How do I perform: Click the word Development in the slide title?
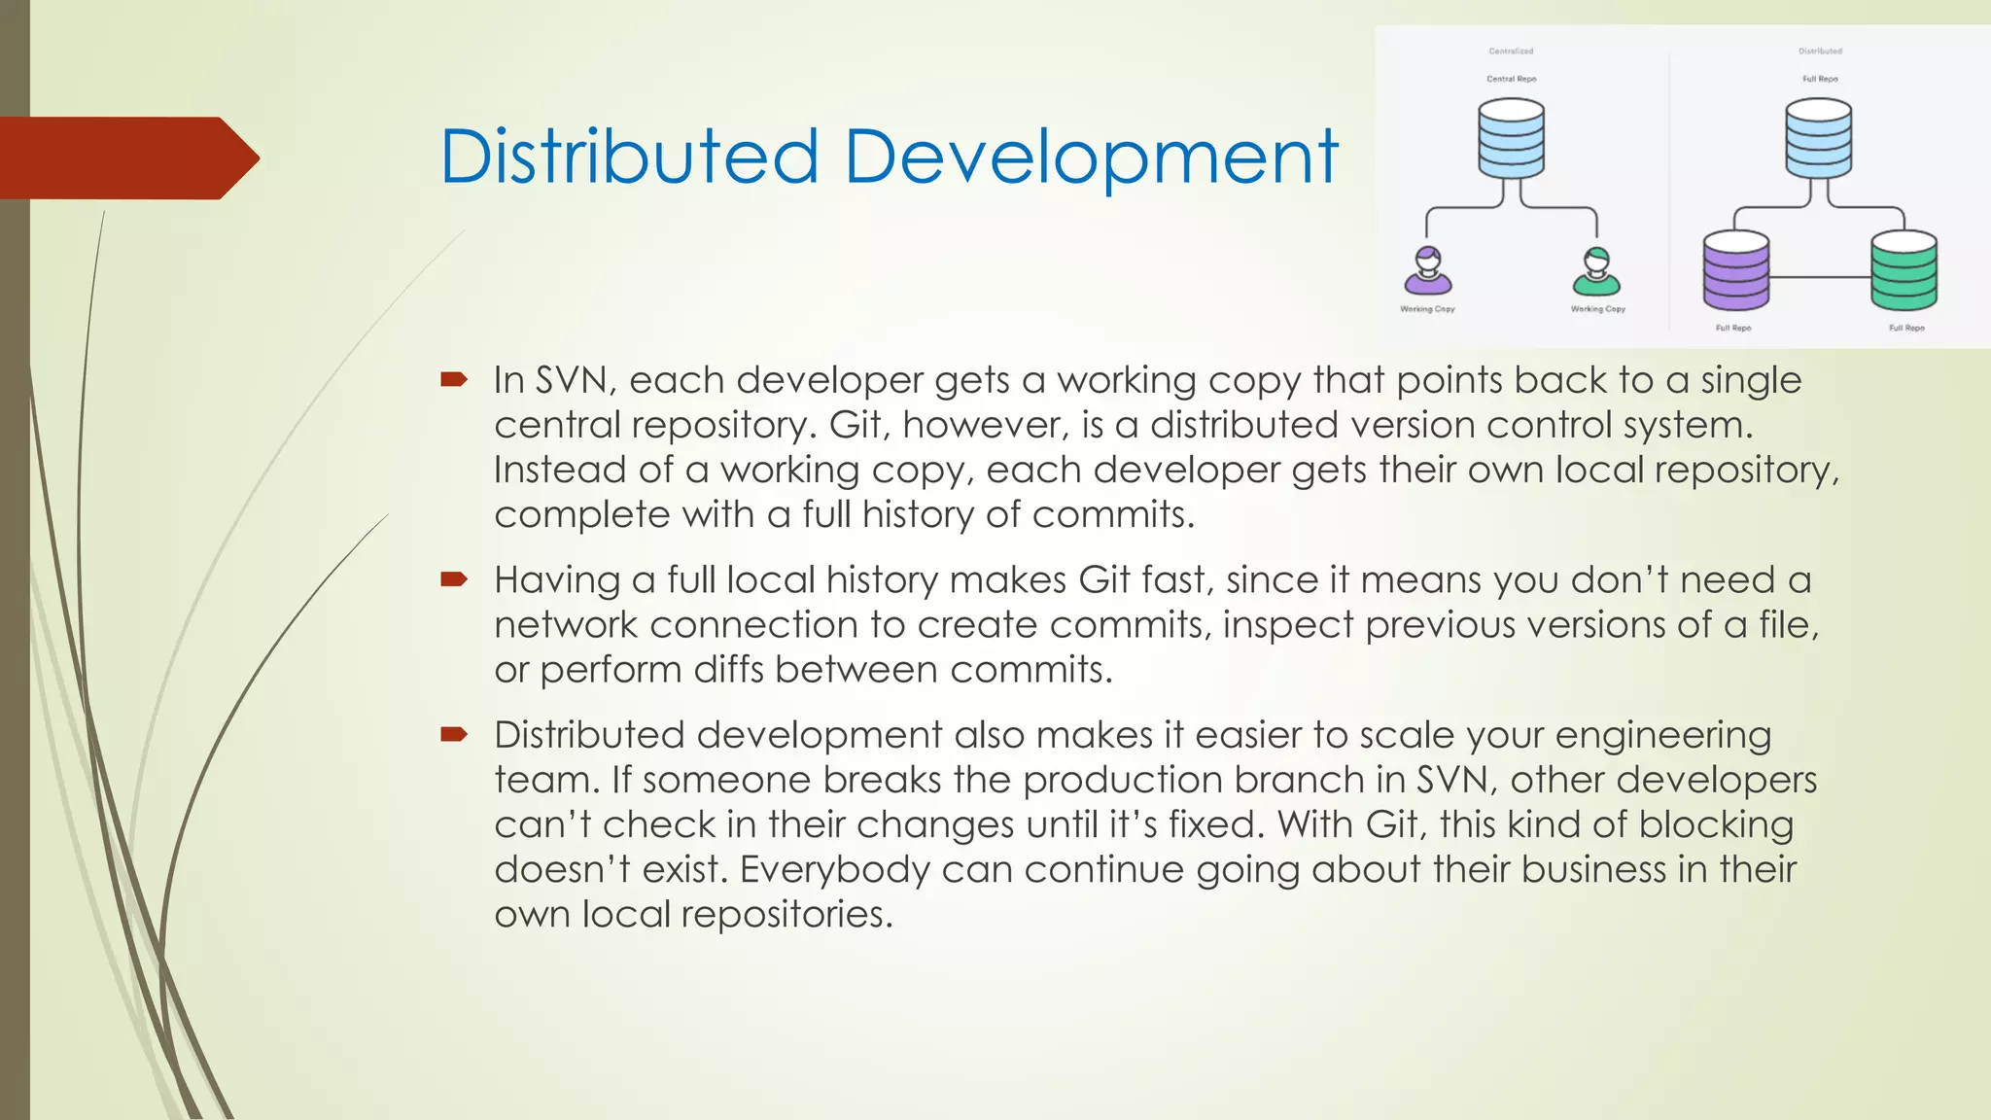[x=1091, y=158]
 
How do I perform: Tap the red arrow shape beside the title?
[x=126, y=158]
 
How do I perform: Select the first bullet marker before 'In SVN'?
[x=453, y=379]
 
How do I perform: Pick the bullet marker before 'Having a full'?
[x=453, y=579]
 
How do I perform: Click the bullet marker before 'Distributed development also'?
[x=453, y=734]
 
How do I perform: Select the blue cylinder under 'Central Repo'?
[x=1511, y=138]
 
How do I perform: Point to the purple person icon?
[x=1427, y=271]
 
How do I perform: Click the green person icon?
[x=1596, y=271]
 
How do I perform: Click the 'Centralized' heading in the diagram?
[x=1511, y=51]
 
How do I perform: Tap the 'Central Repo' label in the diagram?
[x=1511, y=79]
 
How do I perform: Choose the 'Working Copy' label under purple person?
[x=1427, y=309]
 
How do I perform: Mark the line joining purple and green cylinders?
[x=1820, y=277]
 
